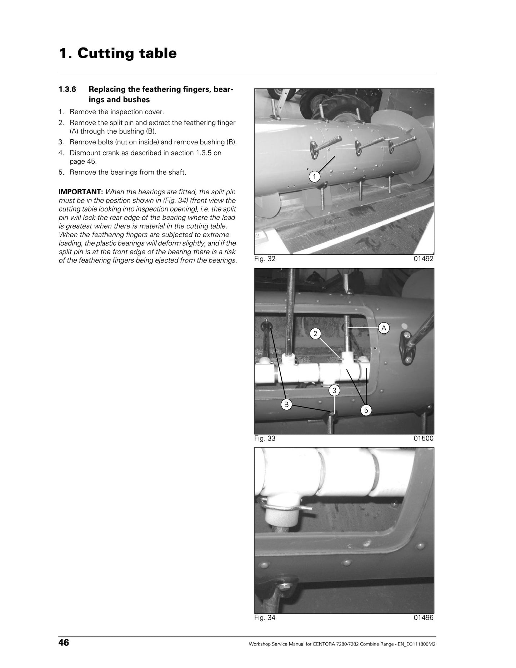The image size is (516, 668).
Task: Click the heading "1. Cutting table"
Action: coord(117,53)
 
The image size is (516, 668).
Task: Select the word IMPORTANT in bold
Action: coord(81,192)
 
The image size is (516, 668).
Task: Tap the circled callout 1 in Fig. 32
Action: coord(314,176)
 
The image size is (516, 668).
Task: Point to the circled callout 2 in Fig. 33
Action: coord(315,334)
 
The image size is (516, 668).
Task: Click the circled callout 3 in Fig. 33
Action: coord(334,391)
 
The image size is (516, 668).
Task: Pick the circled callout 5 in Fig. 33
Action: coord(366,410)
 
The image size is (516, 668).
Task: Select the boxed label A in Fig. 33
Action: coord(384,328)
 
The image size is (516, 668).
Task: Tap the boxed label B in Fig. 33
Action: coord(286,405)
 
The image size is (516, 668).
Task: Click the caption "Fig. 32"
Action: coord(265,259)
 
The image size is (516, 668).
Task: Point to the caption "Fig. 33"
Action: coord(265,438)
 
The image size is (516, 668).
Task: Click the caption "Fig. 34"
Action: coord(265,618)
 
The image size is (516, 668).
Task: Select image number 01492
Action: coord(424,259)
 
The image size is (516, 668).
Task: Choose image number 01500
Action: coord(424,438)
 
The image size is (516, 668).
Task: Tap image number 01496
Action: coord(424,618)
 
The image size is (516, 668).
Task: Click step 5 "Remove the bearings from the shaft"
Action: coord(122,173)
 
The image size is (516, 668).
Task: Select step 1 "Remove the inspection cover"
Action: coord(111,112)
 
